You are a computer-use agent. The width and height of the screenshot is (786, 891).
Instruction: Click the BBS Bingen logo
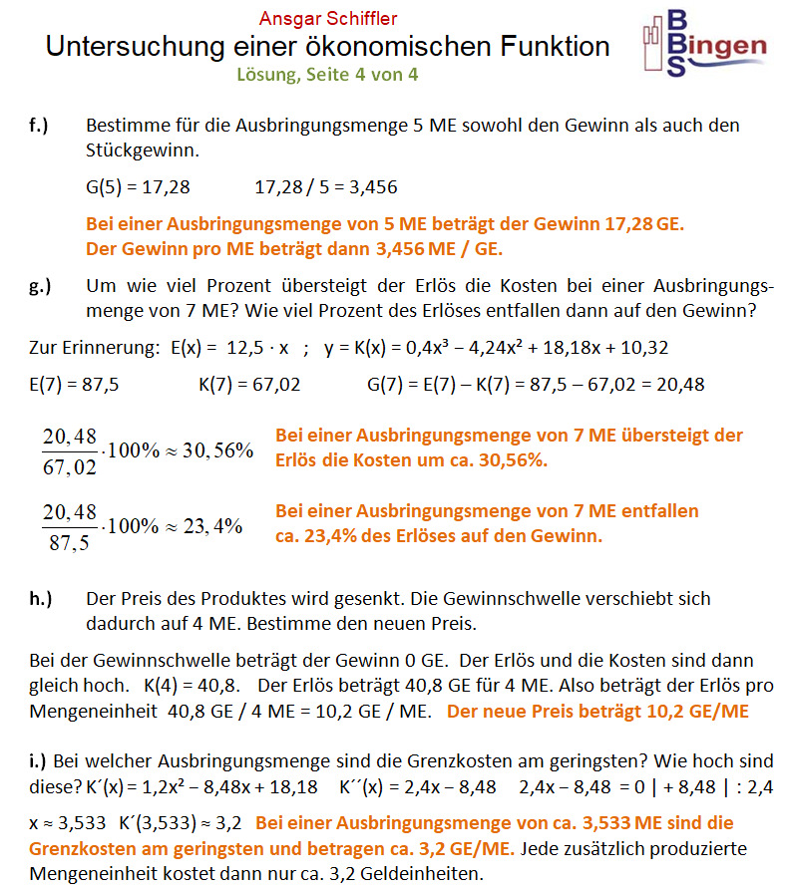click(x=705, y=44)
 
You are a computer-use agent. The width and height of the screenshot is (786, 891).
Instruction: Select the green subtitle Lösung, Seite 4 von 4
click(x=327, y=74)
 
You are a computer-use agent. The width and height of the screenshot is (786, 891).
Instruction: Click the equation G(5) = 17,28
click(x=138, y=186)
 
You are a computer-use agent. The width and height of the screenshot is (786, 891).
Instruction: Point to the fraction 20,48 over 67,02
click(x=70, y=449)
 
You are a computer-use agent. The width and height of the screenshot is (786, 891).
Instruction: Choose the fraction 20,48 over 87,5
click(x=70, y=527)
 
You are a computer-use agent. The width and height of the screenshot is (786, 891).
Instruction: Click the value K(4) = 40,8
click(x=191, y=687)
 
